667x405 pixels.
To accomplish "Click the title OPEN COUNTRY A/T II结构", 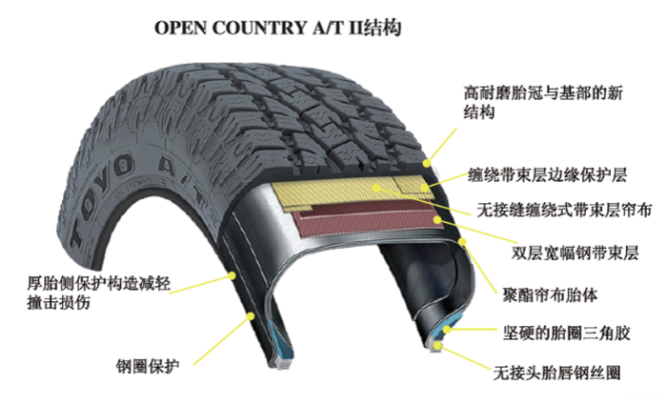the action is point(277,28).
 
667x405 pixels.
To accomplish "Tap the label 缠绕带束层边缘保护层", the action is point(547,174).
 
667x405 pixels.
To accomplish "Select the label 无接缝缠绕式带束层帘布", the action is point(564,210).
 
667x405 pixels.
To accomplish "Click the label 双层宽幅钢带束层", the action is point(575,253).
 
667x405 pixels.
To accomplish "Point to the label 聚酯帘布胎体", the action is point(550,294).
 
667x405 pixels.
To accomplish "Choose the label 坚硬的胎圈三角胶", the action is point(566,334).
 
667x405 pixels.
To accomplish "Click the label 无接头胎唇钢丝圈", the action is point(556,374).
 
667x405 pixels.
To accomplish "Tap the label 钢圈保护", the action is point(148,366).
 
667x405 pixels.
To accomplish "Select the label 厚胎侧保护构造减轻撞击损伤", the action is point(99,293).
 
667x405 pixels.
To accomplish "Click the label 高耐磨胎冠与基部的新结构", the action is point(543,102).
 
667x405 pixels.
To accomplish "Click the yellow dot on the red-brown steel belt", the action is point(437,219).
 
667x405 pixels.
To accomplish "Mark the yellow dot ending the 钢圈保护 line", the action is point(251,316).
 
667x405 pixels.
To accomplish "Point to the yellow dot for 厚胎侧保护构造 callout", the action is point(232,275).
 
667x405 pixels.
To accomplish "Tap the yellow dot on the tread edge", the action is point(427,163).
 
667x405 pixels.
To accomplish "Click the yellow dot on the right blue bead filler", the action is point(447,329).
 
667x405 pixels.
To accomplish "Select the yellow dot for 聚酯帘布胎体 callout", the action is point(462,242).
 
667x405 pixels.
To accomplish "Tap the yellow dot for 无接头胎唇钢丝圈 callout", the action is point(436,345).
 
